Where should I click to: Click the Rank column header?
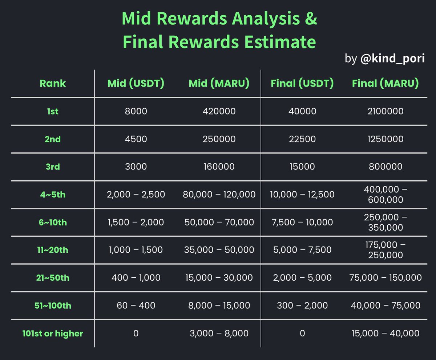pos(53,83)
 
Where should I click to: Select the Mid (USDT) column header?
pos(136,83)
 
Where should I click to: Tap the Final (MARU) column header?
pos(385,83)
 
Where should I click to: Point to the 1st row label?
pos(53,111)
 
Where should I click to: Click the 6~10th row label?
pos(53,222)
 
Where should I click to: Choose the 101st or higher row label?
pos(53,333)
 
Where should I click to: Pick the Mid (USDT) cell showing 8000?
pos(136,111)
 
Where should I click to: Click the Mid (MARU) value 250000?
pos(219,139)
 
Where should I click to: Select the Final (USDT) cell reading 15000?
pos(302,167)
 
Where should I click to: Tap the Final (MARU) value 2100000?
pos(385,111)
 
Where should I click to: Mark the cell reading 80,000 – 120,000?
pos(219,195)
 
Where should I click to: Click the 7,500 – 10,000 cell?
pos(302,222)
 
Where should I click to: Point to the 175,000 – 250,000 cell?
pos(385,250)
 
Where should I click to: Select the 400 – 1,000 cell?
pos(136,278)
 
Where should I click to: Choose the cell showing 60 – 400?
pos(136,305)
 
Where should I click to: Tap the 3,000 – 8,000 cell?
pos(219,333)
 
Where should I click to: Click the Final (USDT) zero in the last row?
pos(302,333)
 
